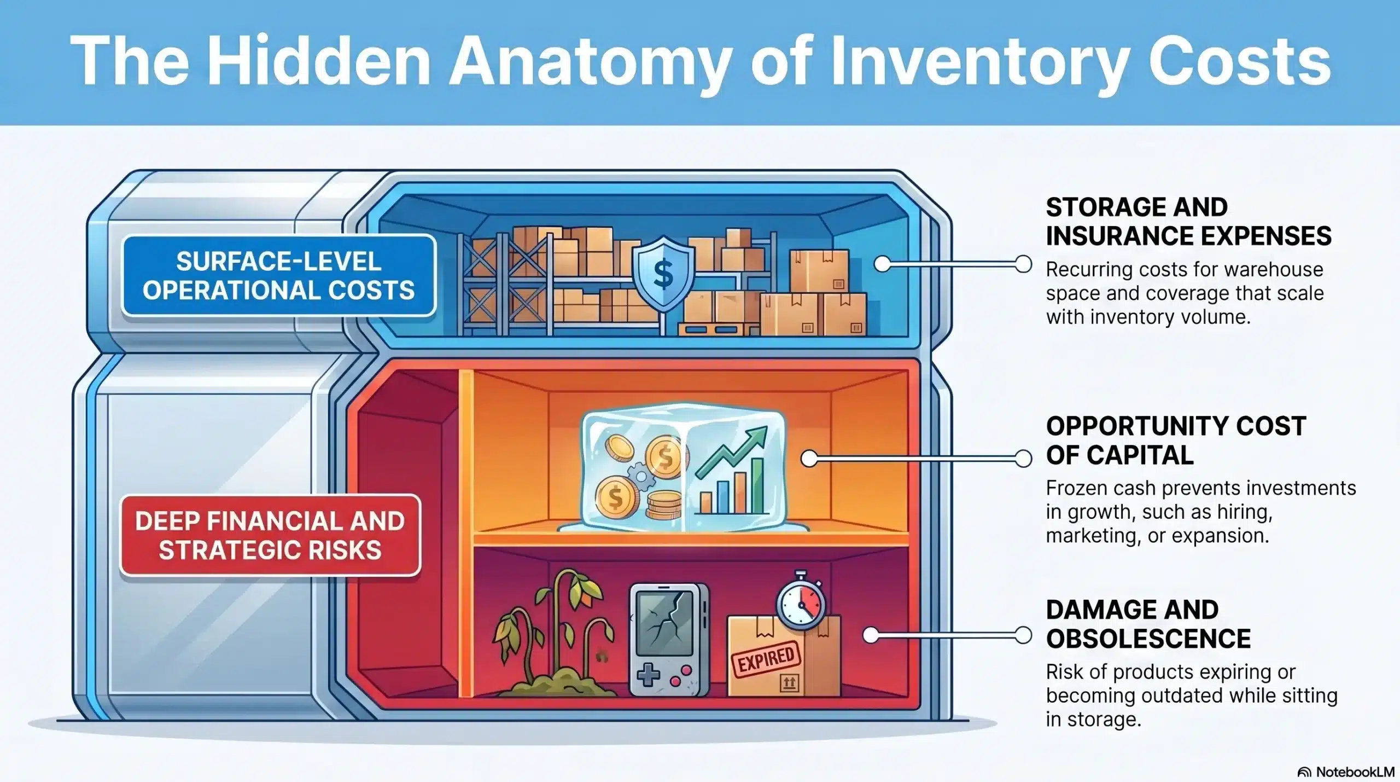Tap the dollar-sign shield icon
coord(663,273)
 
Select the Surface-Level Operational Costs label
coord(278,275)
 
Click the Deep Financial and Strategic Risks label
coord(270,535)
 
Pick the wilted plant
coord(552,629)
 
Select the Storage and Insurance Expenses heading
coord(1188,222)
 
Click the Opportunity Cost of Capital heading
coord(1176,441)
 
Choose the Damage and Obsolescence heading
coord(1148,624)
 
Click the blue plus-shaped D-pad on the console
coord(649,674)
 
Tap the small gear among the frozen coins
coord(640,477)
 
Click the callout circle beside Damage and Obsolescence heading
coord(1023,635)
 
